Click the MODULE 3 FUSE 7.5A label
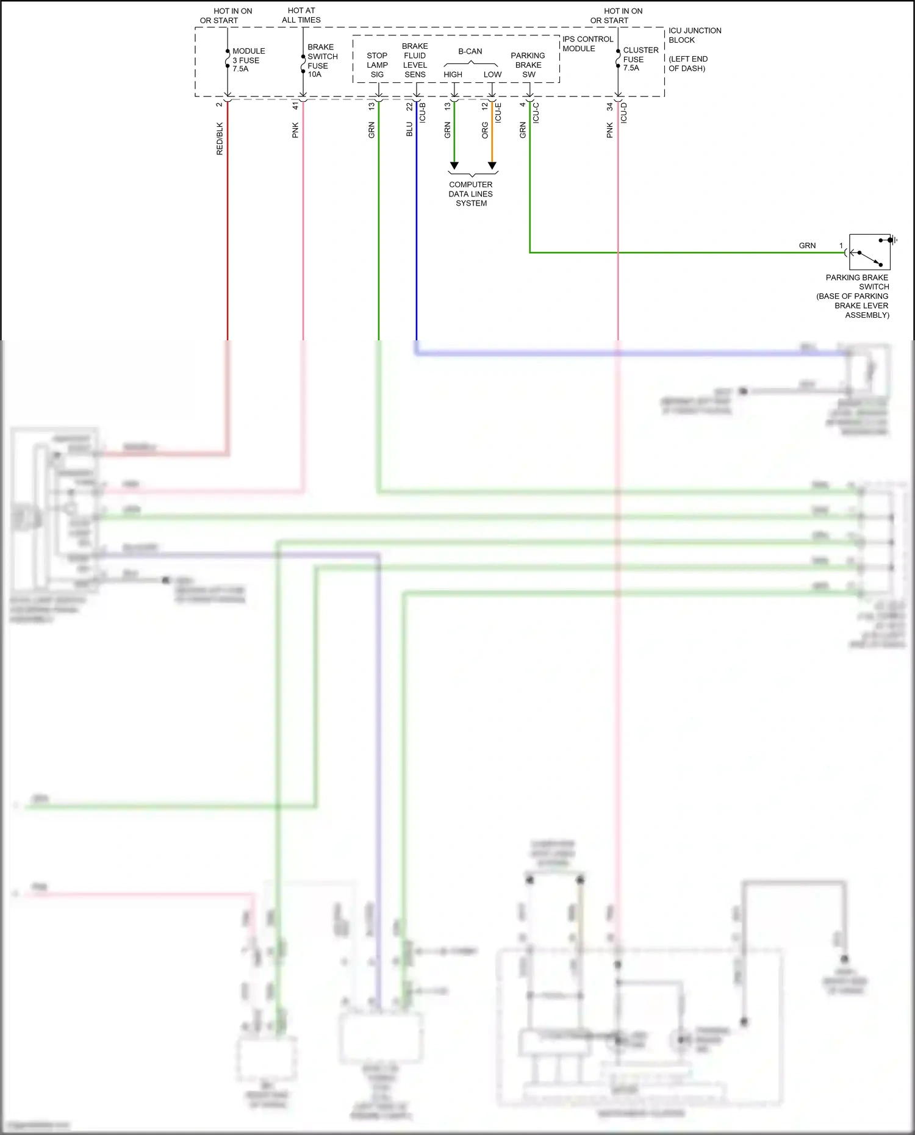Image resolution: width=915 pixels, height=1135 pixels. click(248, 60)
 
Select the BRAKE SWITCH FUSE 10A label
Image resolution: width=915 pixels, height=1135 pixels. click(321, 60)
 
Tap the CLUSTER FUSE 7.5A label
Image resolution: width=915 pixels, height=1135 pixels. click(640, 59)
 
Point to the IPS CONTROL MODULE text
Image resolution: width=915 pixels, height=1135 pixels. click(587, 44)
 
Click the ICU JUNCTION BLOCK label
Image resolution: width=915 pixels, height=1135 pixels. click(694, 35)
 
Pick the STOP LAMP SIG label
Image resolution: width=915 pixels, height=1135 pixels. click(377, 65)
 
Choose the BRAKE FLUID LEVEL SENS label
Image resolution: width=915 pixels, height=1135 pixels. click(415, 60)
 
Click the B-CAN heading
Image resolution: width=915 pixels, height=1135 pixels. click(470, 51)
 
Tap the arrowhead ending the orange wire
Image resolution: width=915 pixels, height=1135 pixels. click(492, 166)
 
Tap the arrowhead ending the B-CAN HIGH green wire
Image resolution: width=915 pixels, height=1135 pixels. click(454, 166)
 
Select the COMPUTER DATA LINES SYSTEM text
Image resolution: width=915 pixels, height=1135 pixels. click(470, 194)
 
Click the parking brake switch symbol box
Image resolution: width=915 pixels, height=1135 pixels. click(869, 252)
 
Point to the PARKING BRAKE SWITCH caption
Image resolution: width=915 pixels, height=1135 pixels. click(854, 296)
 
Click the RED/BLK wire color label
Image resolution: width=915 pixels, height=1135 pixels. click(220, 138)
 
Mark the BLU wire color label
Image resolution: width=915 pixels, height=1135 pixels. click(409, 129)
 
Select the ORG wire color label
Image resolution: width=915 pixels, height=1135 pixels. click(485, 130)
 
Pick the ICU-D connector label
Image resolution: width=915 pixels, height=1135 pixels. click(623, 113)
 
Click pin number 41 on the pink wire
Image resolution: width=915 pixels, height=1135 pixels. click(295, 106)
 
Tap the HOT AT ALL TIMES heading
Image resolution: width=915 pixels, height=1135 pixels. click(301, 15)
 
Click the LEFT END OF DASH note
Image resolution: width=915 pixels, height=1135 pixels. click(687, 63)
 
